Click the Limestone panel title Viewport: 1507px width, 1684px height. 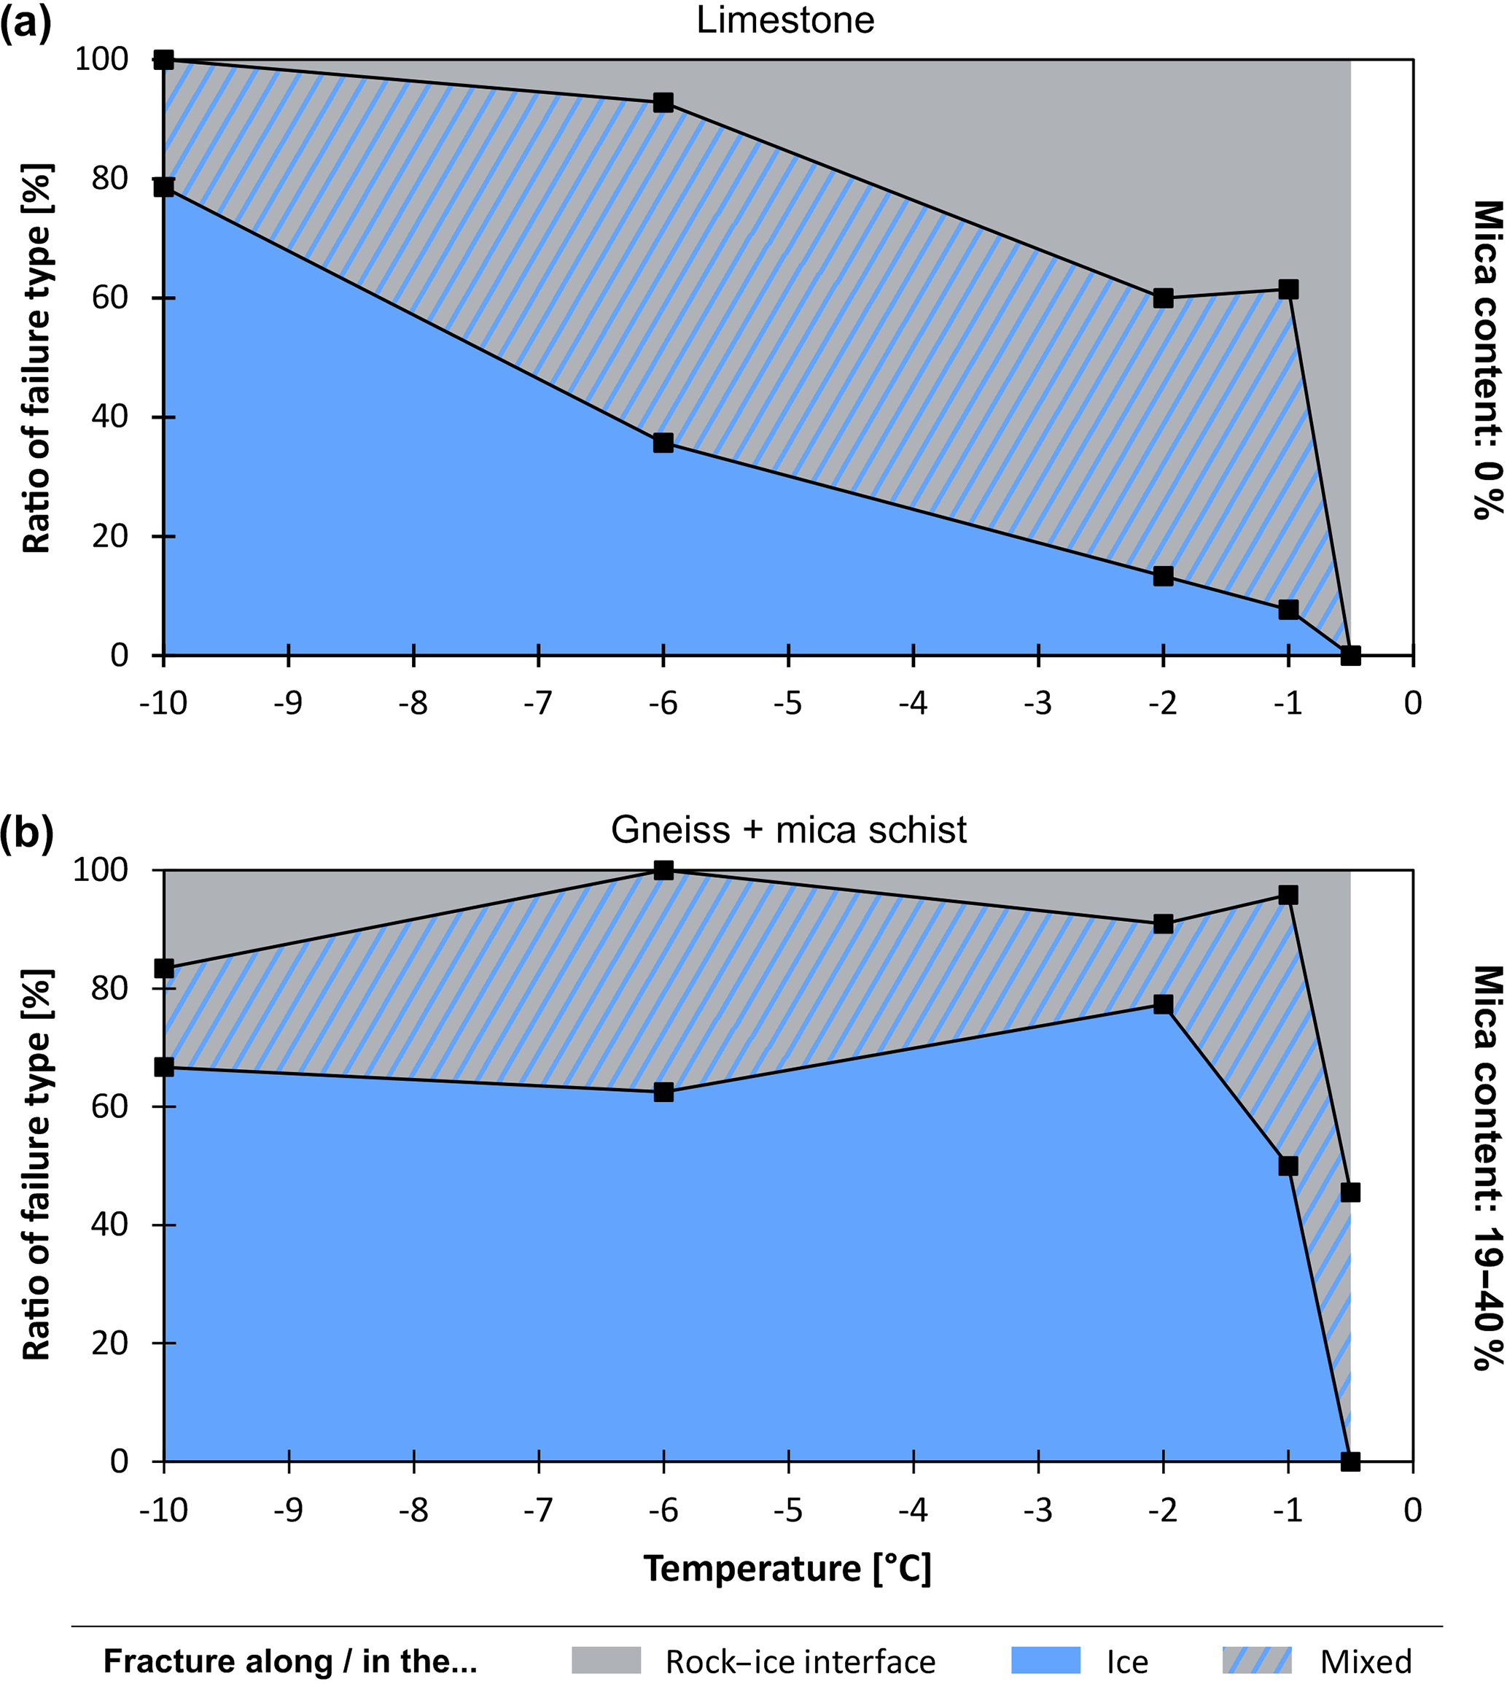[785, 20]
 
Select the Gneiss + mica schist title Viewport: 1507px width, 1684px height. [788, 829]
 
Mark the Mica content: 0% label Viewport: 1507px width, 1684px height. [1487, 359]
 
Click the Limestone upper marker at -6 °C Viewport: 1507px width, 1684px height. [663, 103]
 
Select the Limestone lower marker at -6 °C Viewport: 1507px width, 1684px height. [663, 443]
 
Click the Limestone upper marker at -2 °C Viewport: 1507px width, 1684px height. [1163, 298]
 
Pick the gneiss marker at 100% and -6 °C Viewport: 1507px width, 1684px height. [663, 870]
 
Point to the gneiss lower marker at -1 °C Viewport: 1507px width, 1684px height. [1288, 1166]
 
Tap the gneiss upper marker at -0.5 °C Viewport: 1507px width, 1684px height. [1350, 1192]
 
